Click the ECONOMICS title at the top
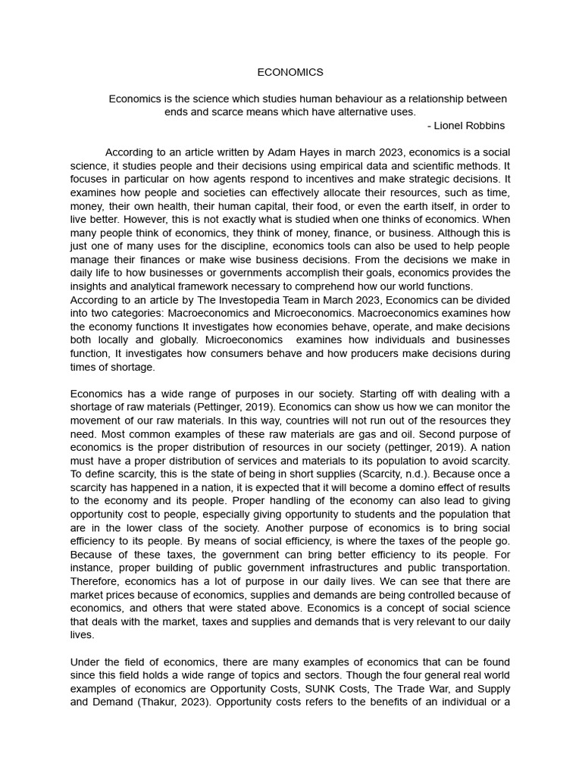tap(290, 72)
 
